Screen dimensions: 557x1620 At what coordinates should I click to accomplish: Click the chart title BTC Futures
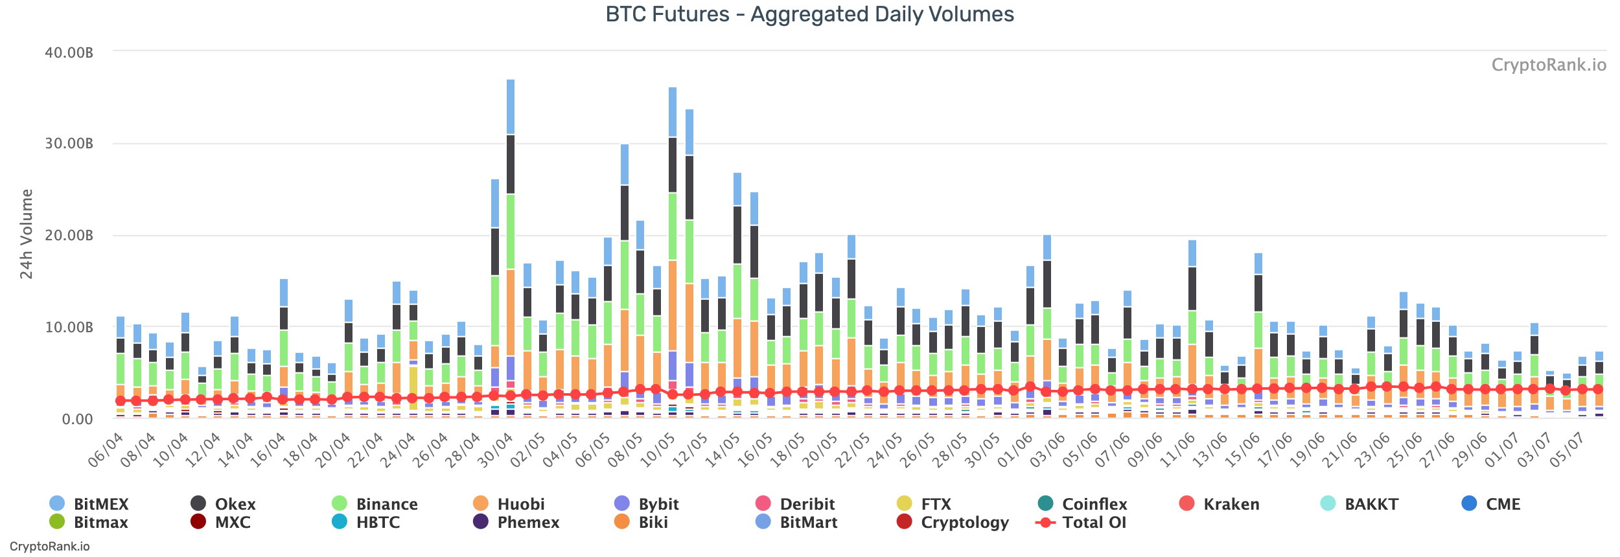pyautogui.click(x=809, y=14)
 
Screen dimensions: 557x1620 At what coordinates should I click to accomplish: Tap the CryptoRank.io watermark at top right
pyautogui.click(x=1548, y=65)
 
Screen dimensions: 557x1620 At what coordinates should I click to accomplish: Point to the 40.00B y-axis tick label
pyautogui.click(x=69, y=52)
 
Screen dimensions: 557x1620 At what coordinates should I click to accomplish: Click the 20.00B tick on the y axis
pyautogui.click(x=69, y=235)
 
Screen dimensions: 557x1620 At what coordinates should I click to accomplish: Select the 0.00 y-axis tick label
pyautogui.click(x=77, y=419)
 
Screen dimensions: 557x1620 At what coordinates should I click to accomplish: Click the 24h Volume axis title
pyautogui.click(x=26, y=234)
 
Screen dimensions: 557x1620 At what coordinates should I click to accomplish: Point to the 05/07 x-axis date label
pyautogui.click(x=1566, y=449)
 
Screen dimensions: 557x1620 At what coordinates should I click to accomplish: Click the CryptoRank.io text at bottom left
pyautogui.click(x=50, y=546)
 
